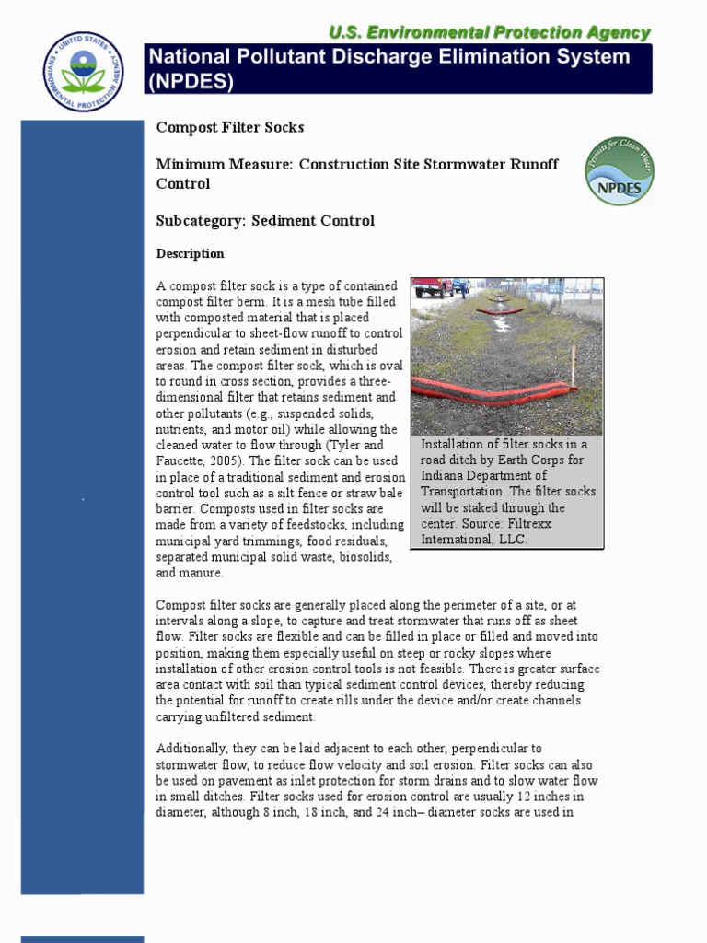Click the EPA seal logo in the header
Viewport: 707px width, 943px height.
(x=82, y=72)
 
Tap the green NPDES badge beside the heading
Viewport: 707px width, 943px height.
(x=620, y=171)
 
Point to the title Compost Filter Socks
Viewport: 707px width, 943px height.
(x=229, y=127)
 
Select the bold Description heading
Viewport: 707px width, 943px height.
(x=190, y=254)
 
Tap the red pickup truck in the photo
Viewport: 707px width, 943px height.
(x=433, y=287)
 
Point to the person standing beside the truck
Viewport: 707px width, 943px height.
(x=463, y=288)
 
